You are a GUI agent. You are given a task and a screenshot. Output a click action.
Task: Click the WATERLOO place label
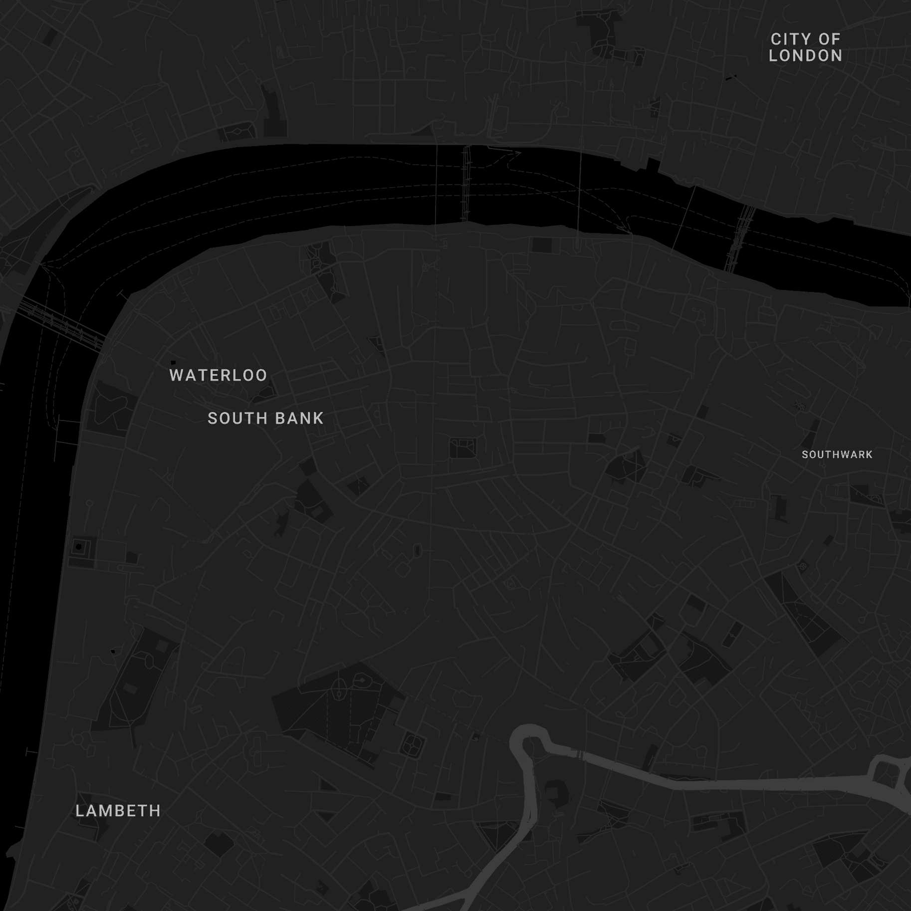click(x=218, y=375)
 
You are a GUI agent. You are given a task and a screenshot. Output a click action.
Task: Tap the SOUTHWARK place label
click(x=837, y=455)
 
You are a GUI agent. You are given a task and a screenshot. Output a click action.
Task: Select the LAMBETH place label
click(x=118, y=811)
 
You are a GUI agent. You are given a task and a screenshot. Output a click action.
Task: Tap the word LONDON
click(x=805, y=55)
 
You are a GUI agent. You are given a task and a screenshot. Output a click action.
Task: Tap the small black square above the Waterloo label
click(x=173, y=362)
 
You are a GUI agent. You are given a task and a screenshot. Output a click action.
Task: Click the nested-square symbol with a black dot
click(x=79, y=547)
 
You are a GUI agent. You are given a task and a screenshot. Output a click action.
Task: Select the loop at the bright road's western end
click(x=526, y=738)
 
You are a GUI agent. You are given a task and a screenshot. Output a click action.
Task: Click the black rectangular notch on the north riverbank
click(x=653, y=164)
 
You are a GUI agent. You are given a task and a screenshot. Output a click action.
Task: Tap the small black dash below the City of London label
click(x=731, y=77)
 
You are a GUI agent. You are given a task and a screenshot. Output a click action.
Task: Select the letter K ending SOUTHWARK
click(x=870, y=455)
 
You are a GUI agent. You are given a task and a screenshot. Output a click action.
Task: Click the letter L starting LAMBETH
click(x=79, y=811)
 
